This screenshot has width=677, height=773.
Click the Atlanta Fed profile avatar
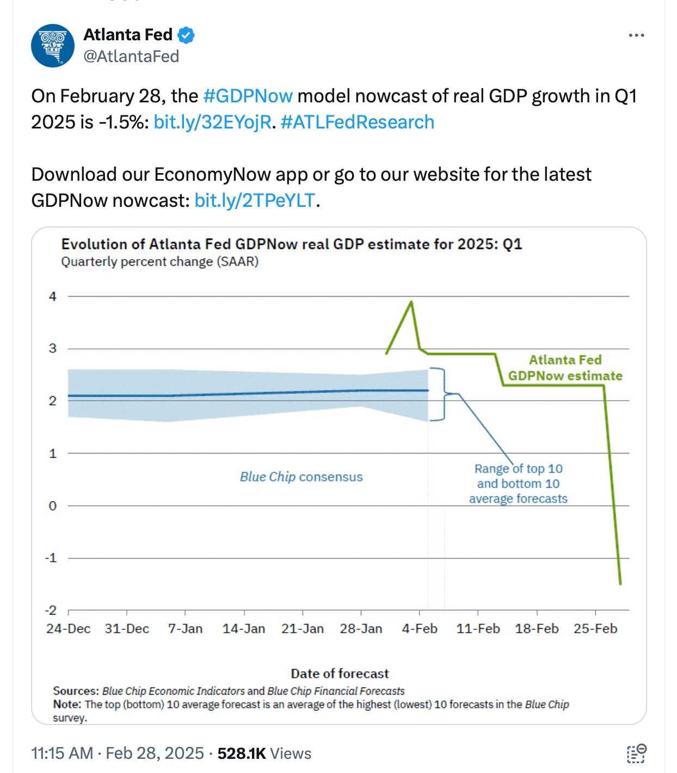coord(53,46)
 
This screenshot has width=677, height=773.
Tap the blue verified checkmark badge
coord(186,35)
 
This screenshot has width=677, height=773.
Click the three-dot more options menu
coord(636,35)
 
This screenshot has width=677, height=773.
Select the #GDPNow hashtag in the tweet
coord(248,96)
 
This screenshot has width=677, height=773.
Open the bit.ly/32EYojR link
coord(212,122)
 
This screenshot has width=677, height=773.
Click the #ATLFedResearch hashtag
coord(357,122)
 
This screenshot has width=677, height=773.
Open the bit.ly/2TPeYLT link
coord(255,201)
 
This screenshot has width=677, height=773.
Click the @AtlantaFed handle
coord(131,57)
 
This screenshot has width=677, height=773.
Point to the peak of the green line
coord(411,302)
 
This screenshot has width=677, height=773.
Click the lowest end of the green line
coord(620,584)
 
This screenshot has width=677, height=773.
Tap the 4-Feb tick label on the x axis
coord(420,629)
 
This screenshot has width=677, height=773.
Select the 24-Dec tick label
coord(69,629)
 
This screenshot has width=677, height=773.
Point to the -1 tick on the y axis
coord(51,558)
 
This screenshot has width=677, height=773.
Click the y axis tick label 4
coord(53,297)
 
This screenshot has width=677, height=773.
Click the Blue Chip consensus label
coord(301,477)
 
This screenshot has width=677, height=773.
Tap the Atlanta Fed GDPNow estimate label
coord(565,368)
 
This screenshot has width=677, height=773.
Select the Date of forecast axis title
coord(340,673)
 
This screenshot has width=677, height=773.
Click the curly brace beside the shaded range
coord(442,394)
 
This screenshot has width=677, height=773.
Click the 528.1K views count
coord(242,753)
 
